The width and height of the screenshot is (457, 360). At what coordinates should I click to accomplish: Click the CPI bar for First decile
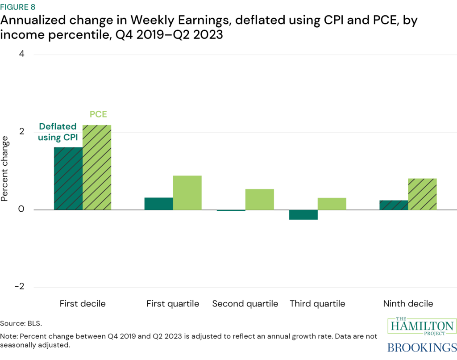tap(68, 178)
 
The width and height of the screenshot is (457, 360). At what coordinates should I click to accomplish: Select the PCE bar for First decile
tap(97, 167)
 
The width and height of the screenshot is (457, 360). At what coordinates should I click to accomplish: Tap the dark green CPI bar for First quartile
tap(158, 204)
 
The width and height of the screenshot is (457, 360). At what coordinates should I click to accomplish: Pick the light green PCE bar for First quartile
tap(187, 193)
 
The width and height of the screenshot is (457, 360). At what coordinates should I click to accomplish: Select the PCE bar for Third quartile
tap(332, 204)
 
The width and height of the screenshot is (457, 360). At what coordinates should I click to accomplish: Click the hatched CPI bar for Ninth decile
tap(394, 205)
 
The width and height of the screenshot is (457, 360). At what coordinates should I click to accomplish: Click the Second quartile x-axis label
tap(245, 304)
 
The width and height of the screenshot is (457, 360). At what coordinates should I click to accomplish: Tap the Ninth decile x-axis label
tap(408, 304)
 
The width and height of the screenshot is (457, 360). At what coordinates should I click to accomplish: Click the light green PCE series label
tap(98, 115)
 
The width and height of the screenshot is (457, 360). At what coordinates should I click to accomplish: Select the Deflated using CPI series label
tap(58, 132)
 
